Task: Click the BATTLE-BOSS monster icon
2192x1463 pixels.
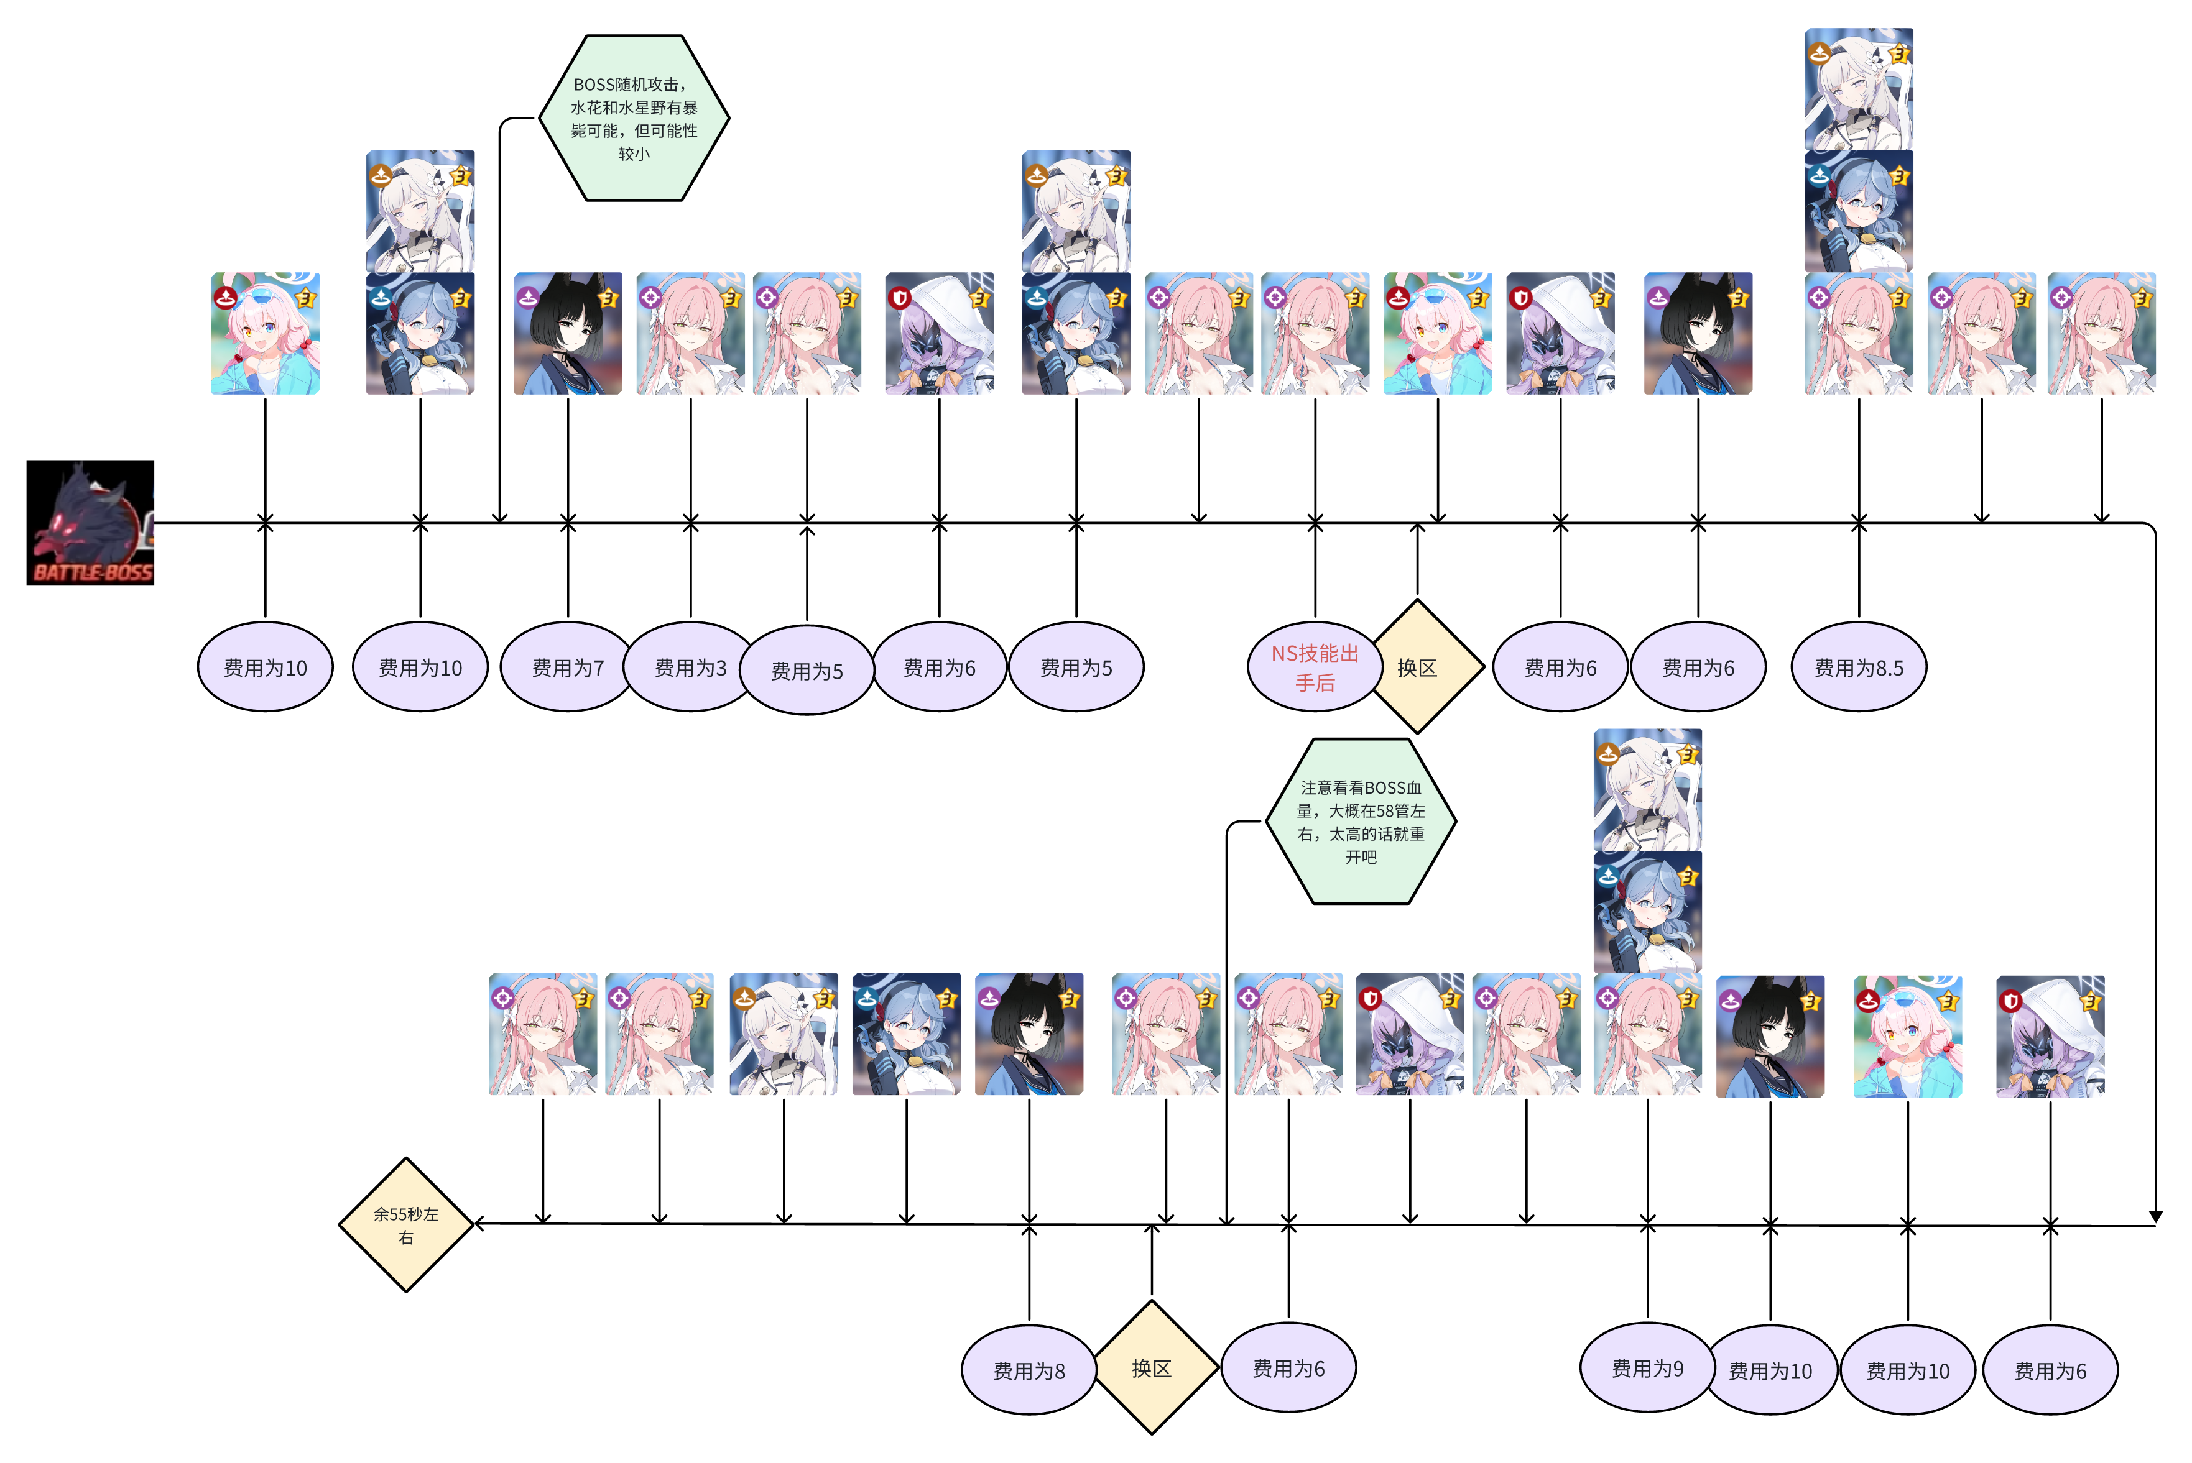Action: pos(91,523)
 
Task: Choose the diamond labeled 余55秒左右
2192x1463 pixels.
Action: pos(406,1225)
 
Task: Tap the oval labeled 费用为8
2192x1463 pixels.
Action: pos(1029,1370)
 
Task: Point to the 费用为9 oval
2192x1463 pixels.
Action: pos(1648,1369)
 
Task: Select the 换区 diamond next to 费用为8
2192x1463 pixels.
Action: pos(1152,1368)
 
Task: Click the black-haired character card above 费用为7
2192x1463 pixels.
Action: pos(568,333)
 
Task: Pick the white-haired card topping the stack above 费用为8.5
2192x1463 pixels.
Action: pos(1859,89)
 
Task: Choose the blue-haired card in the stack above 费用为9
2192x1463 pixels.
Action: pos(1648,912)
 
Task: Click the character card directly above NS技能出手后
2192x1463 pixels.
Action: pos(1315,333)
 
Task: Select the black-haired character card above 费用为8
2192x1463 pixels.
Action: pos(1029,1034)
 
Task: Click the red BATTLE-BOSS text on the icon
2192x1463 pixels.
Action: pos(93,572)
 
